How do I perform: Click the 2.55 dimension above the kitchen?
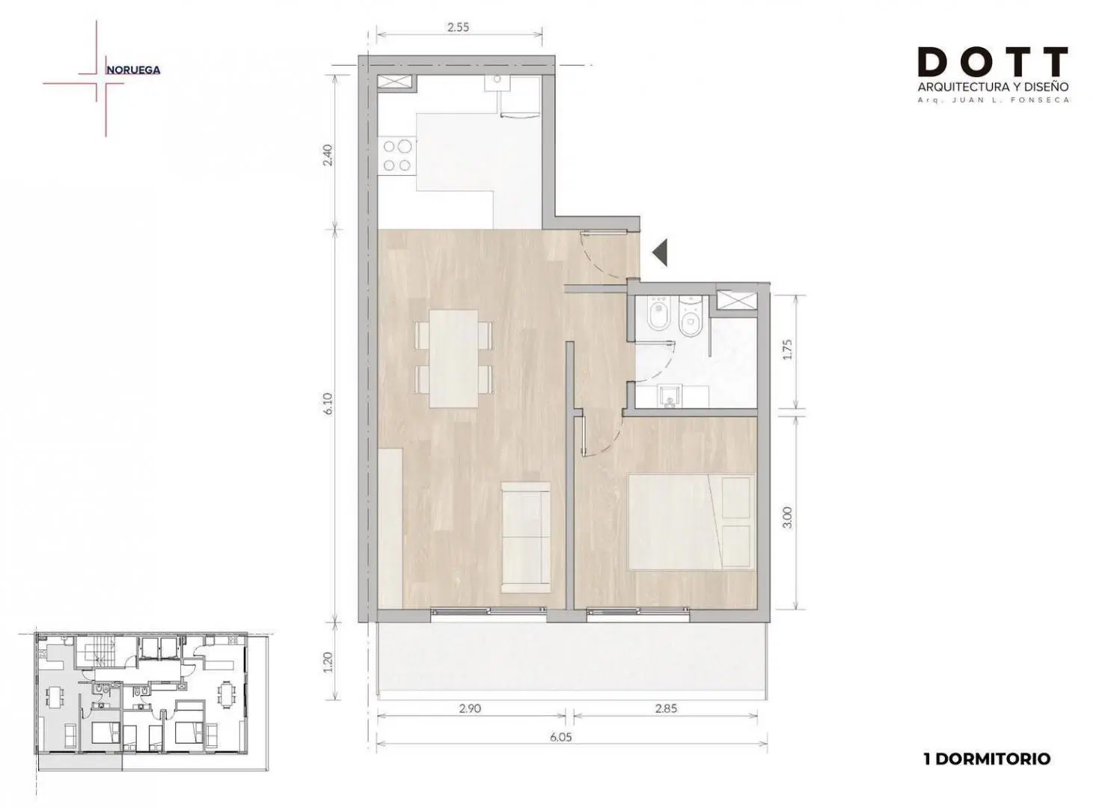[x=458, y=28]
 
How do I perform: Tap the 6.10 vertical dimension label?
[x=328, y=403]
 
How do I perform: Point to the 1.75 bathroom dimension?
[x=787, y=349]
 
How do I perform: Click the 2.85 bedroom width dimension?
[x=666, y=708]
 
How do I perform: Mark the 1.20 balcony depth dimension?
[x=328, y=661]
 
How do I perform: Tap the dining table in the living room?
[x=453, y=358]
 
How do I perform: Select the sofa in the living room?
[x=525, y=537]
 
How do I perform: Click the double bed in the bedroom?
[x=691, y=522]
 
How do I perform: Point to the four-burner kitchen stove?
[x=397, y=156]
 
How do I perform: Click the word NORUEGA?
[x=133, y=70]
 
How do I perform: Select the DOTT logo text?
[x=992, y=61]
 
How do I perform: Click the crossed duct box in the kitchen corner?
[x=395, y=82]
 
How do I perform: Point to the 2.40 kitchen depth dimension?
[x=328, y=154]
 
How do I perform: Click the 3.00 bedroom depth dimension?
[x=787, y=518]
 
